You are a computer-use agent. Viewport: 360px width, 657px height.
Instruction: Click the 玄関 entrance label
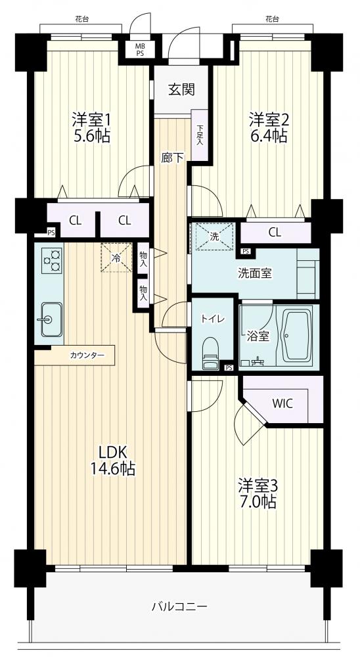tap(181, 89)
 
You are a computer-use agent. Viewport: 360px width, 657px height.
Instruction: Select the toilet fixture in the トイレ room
tap(210, 353)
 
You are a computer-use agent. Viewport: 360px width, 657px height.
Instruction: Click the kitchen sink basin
tap(51, 319)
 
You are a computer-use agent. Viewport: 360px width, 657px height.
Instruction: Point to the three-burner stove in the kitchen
tap(52, 261)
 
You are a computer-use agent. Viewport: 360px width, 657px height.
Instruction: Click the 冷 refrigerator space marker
tap(116, 258)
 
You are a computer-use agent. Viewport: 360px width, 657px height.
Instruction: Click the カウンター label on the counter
tap(87, 355)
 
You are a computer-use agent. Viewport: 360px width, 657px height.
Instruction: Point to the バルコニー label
tap(179, 606)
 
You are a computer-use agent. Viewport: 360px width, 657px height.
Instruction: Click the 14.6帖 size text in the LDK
tap(113, 468)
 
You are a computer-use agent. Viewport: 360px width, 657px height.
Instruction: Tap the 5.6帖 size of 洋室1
tap(92, 136)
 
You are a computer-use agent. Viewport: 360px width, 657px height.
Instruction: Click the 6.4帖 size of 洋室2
tap(268, 136)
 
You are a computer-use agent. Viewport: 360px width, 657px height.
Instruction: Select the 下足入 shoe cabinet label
tap(200, 135)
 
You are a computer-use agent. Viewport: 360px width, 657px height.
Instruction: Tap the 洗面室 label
tap(255, 273)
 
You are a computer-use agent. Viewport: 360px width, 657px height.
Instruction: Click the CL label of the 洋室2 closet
tap(275, 233)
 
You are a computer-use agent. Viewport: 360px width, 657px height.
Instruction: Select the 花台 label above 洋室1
tap(81, 19)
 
